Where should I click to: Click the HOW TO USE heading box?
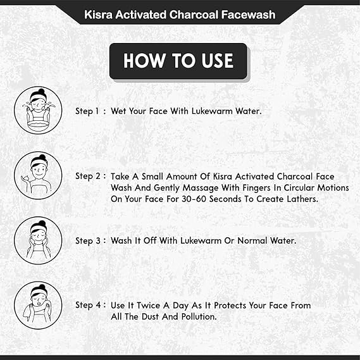coord(178,61)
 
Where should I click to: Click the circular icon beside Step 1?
coord(38,109)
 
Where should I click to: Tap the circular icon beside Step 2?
coord(38,175)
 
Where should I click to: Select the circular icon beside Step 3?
coord(38,240)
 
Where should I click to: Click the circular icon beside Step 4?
coord(38,305)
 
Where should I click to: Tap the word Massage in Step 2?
coord(189,188)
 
